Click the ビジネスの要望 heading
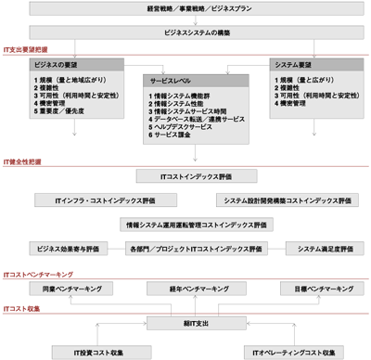(53, 67)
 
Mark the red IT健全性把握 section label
(23, 160)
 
